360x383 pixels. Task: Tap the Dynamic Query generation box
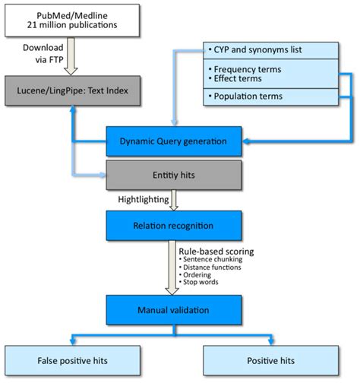click(175, 140)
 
